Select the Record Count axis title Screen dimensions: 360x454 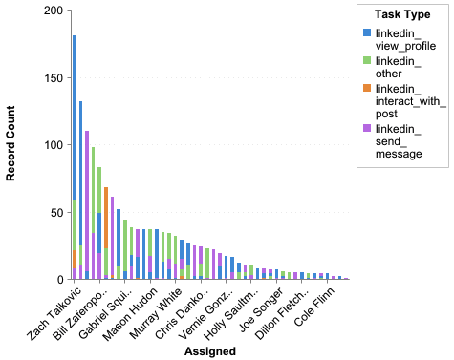click(x=12, y=145)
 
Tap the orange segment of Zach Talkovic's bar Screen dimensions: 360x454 click(x=75, y=259)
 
